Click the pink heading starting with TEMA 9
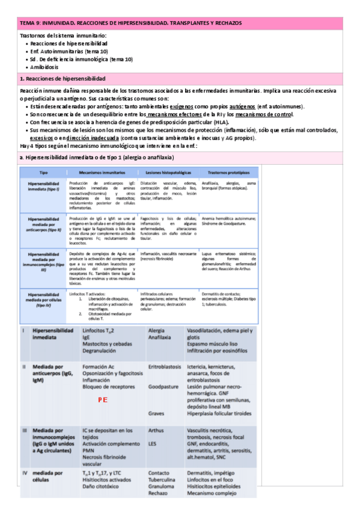point(130,23)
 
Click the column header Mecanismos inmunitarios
point(100,171)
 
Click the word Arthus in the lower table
point(156,430)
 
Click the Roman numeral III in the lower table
point(25,431)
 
